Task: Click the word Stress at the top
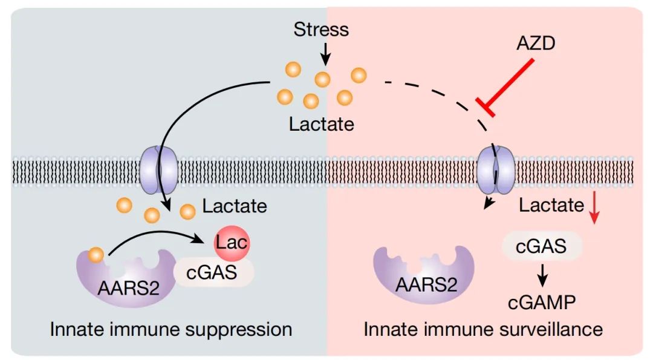pos(321,30)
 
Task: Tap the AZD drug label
pos(536,44)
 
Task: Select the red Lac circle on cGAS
pos(232,243)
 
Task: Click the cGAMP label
pos(541,303)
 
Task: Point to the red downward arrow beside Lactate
pos(594,207)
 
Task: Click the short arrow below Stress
pos(325,54)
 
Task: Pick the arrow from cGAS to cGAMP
pos(542,275)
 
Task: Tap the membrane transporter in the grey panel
pos(158,169)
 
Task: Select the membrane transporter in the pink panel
pos(495,169)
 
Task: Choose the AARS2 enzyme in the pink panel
pos(424,275)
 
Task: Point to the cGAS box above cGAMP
pos(541,246)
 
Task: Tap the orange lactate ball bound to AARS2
pos(96,255)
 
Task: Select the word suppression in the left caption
pos(239,330)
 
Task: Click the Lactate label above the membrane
pos(322,124)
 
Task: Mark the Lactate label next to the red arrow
pos(551,205)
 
